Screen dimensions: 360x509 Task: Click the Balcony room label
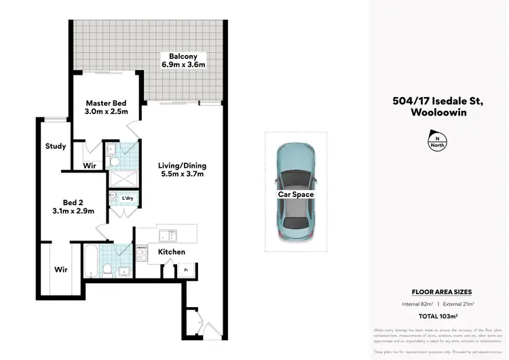(x=183, y=60)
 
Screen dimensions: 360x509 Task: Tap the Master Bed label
(x=105, y=107)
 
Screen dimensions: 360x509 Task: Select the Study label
(x=55, y=146)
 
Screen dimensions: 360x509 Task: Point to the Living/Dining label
(x=182, y=170)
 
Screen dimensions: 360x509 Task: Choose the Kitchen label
(x=171, y=252)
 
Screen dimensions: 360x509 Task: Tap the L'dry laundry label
(x=127, y=198)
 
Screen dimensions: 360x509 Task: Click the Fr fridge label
(x=185, y=270)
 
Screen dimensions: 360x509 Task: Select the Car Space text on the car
(x=295, y=194)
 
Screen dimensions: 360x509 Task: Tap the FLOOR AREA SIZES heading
(x=442, y=291)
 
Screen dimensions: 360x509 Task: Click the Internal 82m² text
(x=421, y=304)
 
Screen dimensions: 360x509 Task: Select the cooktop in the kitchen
(x=143, y=253)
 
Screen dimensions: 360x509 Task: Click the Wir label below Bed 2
(x=60, y=270)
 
